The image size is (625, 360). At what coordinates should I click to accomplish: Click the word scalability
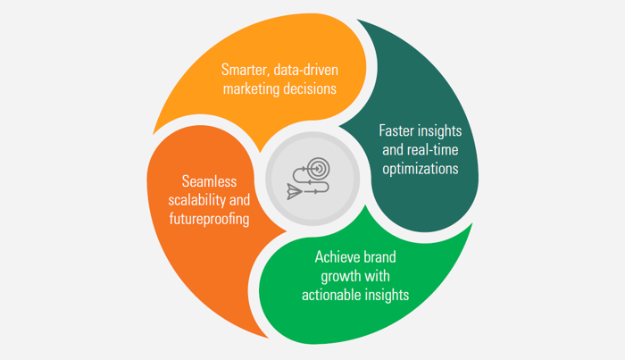[x=196, y=198]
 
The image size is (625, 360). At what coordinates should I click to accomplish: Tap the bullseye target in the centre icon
[x=319, y=168]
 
